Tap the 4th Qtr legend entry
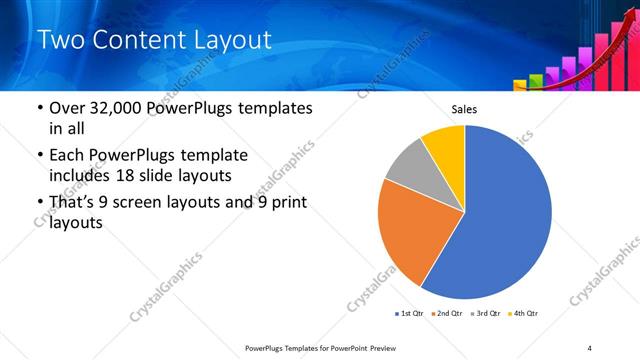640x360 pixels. tap(522, 314)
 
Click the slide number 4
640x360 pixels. tap(590, 347)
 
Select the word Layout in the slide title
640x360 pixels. tap(233, 41)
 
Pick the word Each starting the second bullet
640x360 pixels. tap(67, 155)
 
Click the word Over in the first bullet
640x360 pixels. tap(68, 108)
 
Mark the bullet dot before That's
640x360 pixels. tap(39, 203)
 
